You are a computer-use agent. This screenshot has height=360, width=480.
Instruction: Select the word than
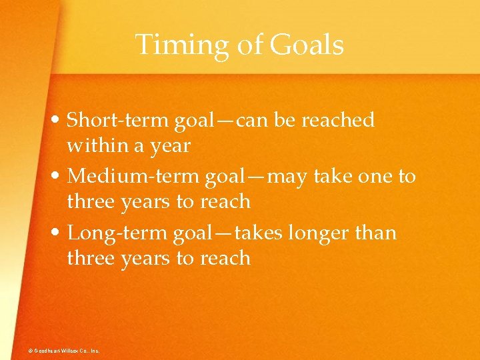click(380, 233)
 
